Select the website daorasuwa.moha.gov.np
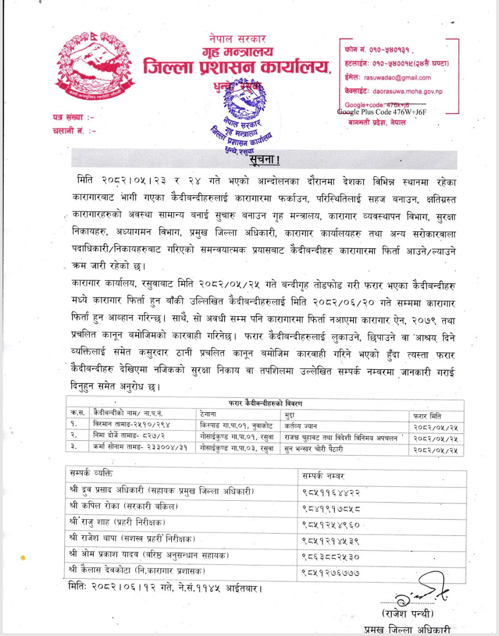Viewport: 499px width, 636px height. tap(400, 91)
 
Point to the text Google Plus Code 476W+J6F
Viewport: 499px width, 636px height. tap(382, 112)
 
